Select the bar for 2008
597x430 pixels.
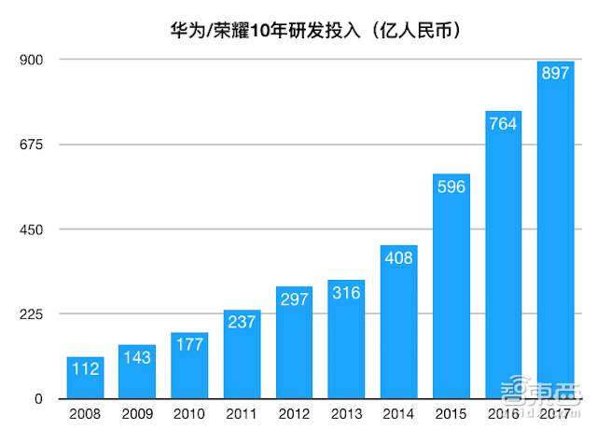point(85,378)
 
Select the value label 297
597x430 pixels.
point(294,301)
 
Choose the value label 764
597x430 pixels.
point(503,125)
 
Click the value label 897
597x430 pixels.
point(555,75)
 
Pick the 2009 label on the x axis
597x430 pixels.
point(137,414)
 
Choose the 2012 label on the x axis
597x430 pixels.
point(294,414)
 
